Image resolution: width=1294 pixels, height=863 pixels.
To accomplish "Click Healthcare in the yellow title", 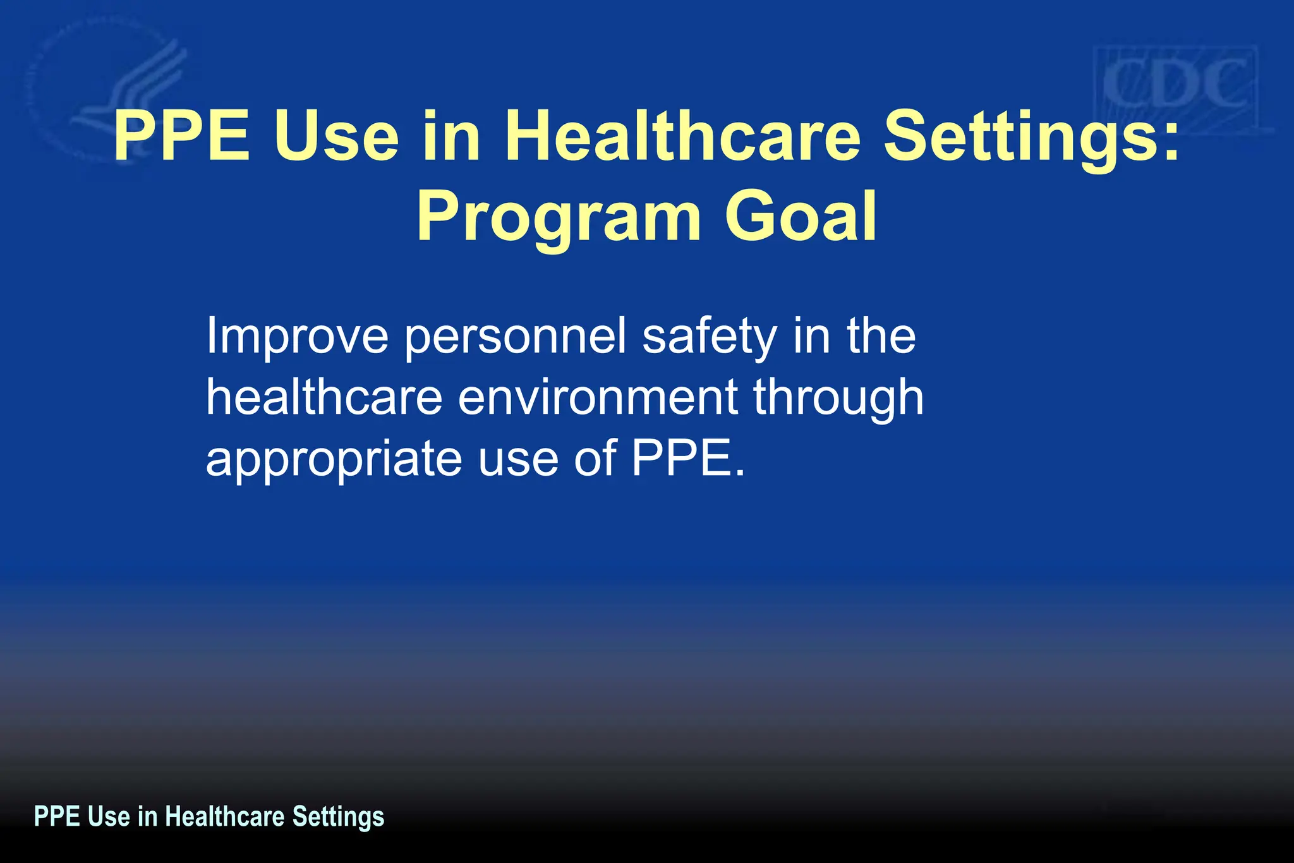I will (x=682, y=136).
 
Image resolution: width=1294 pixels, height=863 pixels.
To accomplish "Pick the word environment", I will (x=598, y=398).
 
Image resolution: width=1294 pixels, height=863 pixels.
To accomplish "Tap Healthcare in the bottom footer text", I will (x=225, y=816).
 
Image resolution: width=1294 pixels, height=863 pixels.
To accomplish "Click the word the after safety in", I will (x=881, y=337).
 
